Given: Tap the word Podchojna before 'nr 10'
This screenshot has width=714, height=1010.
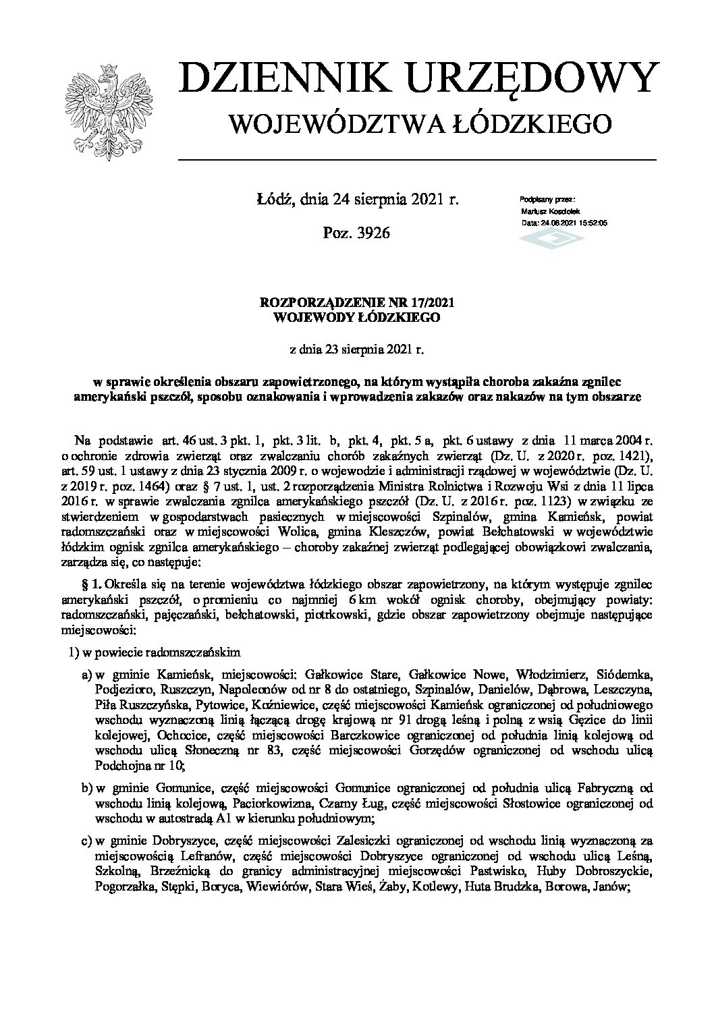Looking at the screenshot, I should [122, 766].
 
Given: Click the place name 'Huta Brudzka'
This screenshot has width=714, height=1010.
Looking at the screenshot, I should [501, 888].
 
